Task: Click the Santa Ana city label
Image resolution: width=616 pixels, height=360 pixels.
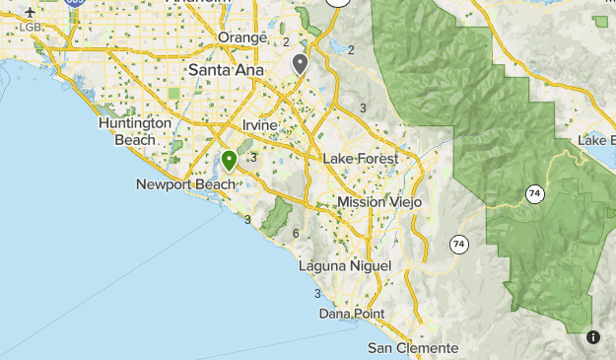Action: tap(228, 71)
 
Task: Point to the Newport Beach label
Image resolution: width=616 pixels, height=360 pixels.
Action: tap(186, 184)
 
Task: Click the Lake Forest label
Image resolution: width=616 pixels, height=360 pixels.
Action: tap(360, 159)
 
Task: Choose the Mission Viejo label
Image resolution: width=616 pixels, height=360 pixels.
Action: tap(379, 202)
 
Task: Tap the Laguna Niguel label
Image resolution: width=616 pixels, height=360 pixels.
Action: tap(345, 266)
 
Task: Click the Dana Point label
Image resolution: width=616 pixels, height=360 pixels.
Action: tap(352, 314)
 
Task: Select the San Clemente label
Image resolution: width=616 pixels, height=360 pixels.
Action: tap(413, 348)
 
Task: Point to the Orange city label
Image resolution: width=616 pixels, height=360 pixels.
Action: tap(242, 37)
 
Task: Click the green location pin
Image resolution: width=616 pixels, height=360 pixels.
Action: tap(229, 160)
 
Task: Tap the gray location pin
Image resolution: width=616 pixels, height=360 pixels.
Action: tap(300, 64)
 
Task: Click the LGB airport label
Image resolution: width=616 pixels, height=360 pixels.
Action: tap(31, 26)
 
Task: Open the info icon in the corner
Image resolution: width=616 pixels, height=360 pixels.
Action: tap(593, 337)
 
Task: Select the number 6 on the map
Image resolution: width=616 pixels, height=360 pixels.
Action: tap(296, 233)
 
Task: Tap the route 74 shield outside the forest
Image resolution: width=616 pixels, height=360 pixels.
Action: tap(458, 243)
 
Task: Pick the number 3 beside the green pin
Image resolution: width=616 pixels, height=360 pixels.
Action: tap(253, 157)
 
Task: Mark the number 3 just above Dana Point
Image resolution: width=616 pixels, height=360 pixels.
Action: tap(317, 294)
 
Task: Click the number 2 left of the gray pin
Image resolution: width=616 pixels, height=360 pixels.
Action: tap(286, 42)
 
